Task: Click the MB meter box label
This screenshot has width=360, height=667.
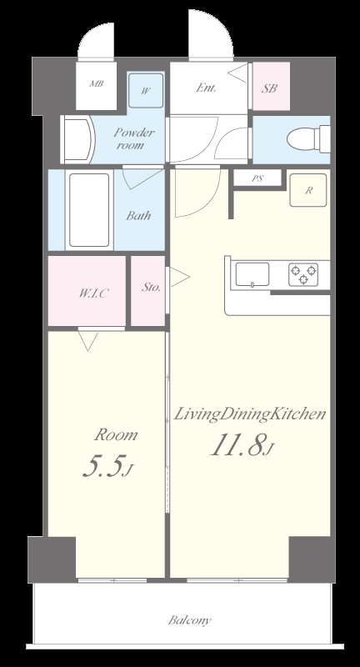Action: tap(96, 84)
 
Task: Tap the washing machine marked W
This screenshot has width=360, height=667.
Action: tap(146, 91)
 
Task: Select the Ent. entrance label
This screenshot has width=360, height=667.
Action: tap(206, 88)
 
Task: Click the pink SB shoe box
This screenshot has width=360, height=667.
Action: tap(271, 87)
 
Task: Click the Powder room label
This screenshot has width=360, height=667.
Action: tap(133, 138)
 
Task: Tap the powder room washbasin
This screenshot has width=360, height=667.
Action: tap(77, 139)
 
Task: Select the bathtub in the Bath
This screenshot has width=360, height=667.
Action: tap(89, 210)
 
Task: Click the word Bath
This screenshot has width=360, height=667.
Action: tap(138, 215)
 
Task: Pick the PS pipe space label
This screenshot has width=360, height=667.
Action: tap(257, 178)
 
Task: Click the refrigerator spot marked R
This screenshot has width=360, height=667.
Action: tap(308, 191)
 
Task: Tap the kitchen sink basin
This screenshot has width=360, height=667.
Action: tap(252, 274)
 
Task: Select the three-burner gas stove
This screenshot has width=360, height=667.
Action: tap(303, 274)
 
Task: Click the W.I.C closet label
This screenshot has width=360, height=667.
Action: tap(93, 293)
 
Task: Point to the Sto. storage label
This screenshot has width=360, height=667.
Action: tap(151, 287)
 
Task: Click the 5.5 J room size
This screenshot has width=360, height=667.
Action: tap(108, 467)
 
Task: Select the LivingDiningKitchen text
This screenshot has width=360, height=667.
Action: tap(249, 414)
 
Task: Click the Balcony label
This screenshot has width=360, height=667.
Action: tap(189, 620)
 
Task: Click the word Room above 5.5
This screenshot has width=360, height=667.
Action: tap(116, 434)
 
